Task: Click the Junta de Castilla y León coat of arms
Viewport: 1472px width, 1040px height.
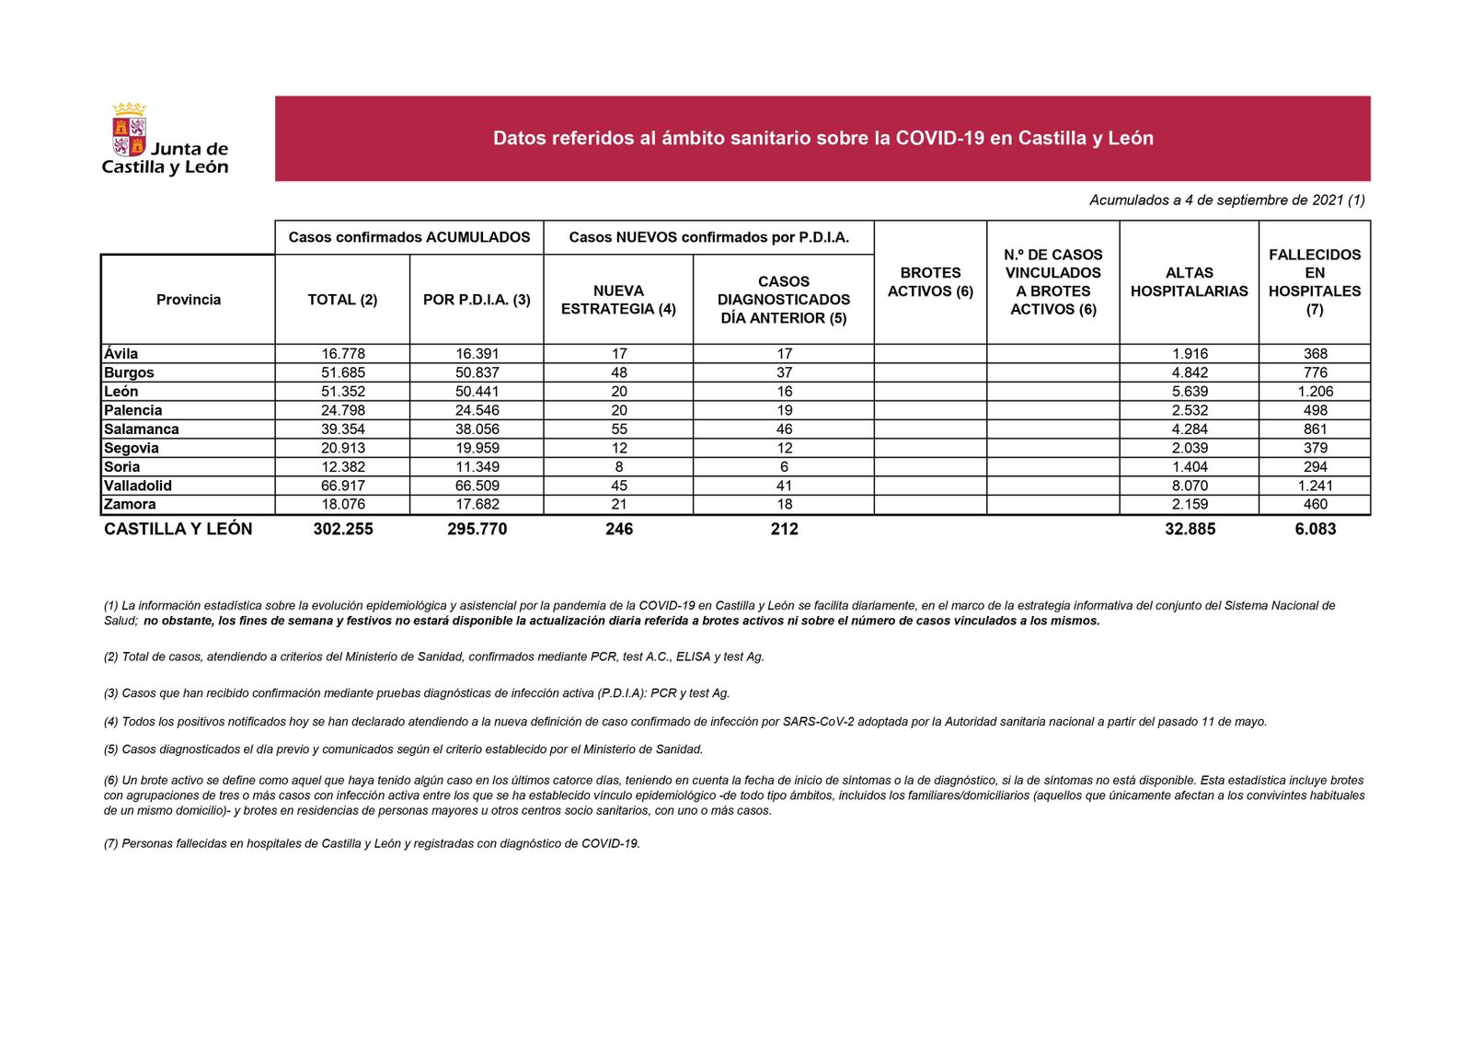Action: tap(129, 130)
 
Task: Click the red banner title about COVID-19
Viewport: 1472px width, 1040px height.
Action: tap(822, 138)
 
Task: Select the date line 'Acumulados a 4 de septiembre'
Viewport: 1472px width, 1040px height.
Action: tap(1226, 200)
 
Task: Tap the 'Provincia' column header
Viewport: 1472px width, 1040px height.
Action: tap(188, 300)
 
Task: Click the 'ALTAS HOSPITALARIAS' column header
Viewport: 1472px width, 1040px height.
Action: tap(1189, 282)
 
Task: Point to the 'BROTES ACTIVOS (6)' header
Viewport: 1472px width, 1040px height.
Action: tap(930, 282)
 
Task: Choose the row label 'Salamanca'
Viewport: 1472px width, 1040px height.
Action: tap(142, 429)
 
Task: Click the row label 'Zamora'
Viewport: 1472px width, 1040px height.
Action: tap(130, 505)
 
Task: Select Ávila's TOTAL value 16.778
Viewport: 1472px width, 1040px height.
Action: tap(342, 354)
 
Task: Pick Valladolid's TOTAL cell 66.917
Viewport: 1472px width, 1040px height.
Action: tap(342, 486)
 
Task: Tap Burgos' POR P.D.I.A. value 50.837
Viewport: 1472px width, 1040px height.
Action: tap(477, 372)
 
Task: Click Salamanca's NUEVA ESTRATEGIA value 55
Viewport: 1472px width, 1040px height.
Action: tap(618, 429)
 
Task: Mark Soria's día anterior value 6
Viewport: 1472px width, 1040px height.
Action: tap(784, 467)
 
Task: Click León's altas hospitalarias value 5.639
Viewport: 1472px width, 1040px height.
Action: tap(1190, 392)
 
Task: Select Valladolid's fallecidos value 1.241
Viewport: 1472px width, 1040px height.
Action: tap(1315, 486)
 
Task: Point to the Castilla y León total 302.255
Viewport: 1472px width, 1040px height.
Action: tap(342, 529)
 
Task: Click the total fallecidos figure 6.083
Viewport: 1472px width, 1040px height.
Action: tap(1315, 529)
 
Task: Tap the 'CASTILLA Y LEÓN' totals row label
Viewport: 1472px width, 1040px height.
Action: tap(178, 529)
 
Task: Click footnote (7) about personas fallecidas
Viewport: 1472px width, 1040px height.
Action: tap(371, 843)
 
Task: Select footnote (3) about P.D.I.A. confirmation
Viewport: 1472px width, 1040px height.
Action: tap(416, 693)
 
